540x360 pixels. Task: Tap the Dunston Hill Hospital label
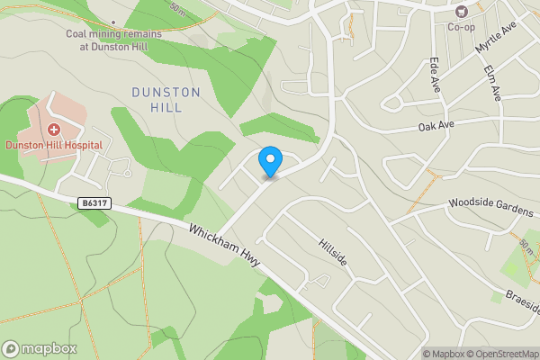53,144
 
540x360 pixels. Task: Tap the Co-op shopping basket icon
461,12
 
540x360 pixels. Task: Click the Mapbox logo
40,348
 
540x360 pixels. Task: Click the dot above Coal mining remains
112,22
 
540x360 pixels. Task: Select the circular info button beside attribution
414,354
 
